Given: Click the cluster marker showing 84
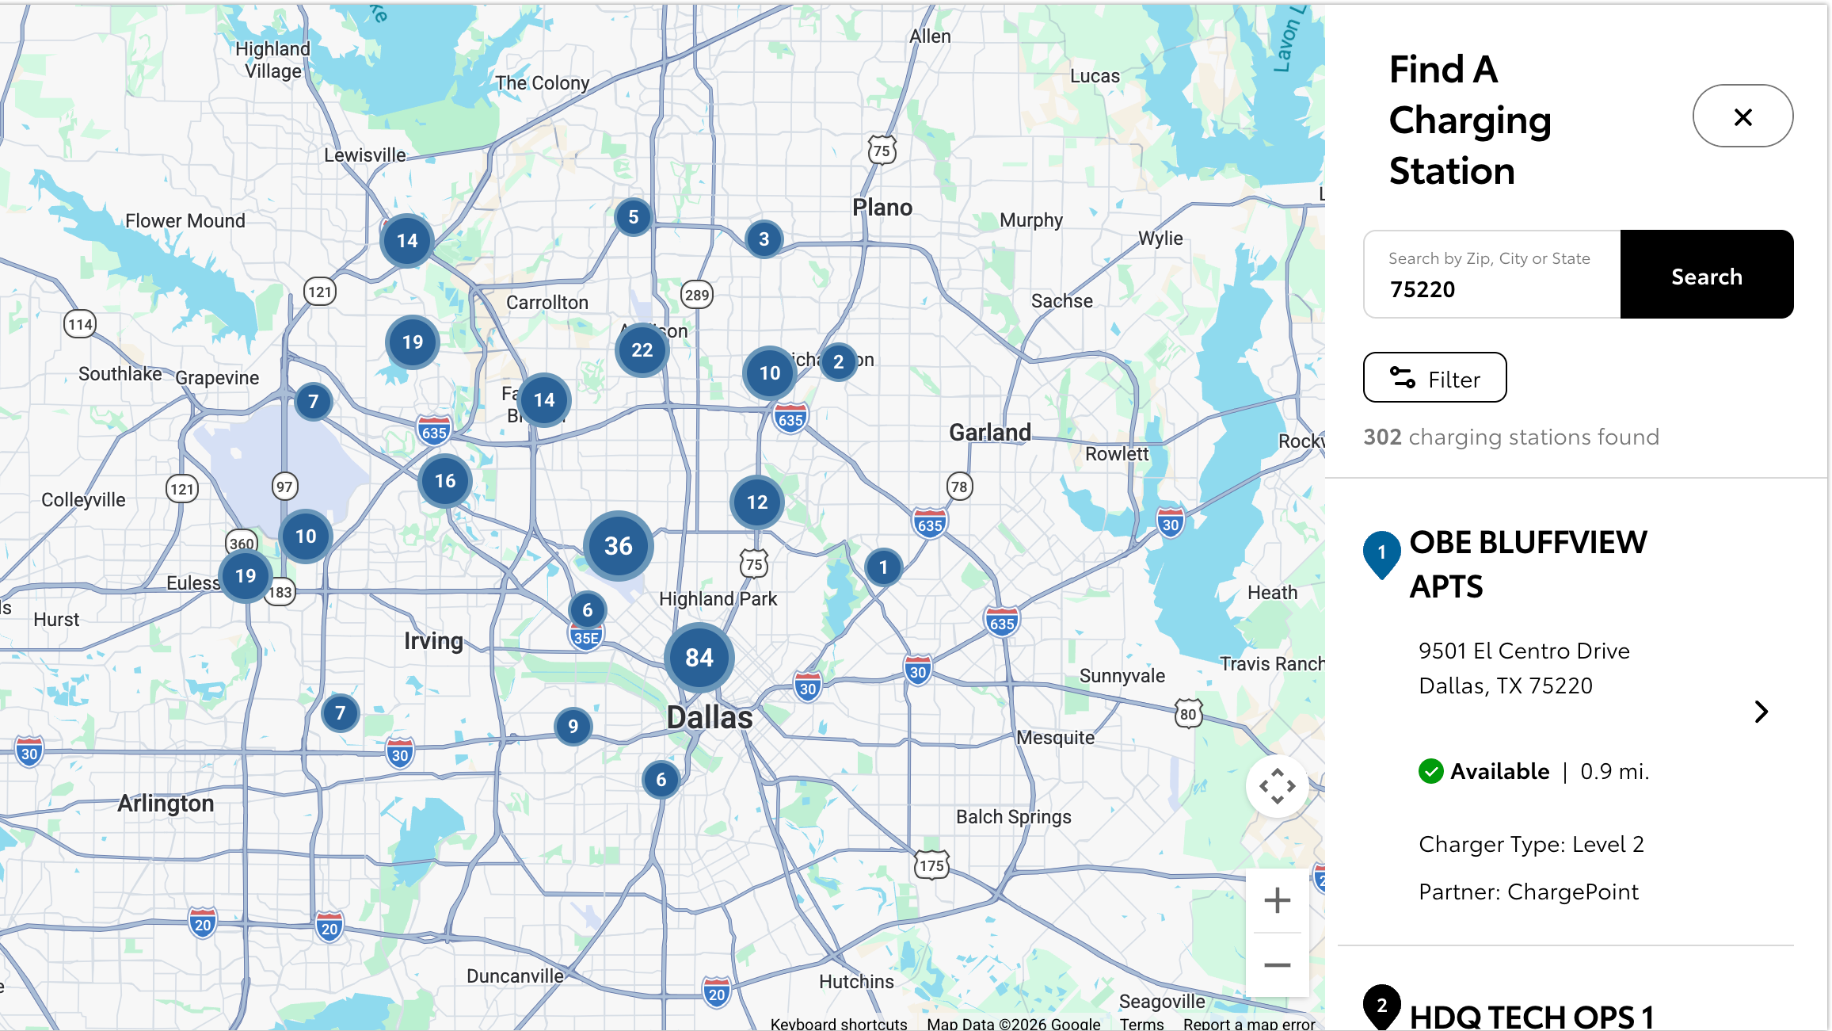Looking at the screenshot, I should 699,658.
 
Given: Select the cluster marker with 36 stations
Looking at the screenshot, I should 618,546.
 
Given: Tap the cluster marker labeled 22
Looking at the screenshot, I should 642,350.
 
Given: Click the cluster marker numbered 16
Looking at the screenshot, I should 445,481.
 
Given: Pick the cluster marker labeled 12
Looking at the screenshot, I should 756,502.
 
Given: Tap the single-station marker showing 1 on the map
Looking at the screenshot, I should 883,567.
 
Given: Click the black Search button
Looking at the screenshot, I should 1706,275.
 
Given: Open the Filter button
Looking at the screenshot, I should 1434,378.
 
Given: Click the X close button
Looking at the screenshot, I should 1742,116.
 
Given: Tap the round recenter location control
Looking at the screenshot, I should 1277,786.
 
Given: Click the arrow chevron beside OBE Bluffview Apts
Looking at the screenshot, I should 1761,712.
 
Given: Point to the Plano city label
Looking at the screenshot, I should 882,208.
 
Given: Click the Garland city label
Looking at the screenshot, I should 990,433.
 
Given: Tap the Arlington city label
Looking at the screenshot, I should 166,804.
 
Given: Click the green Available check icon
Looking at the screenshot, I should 1430,771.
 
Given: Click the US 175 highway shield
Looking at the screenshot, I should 931,865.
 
